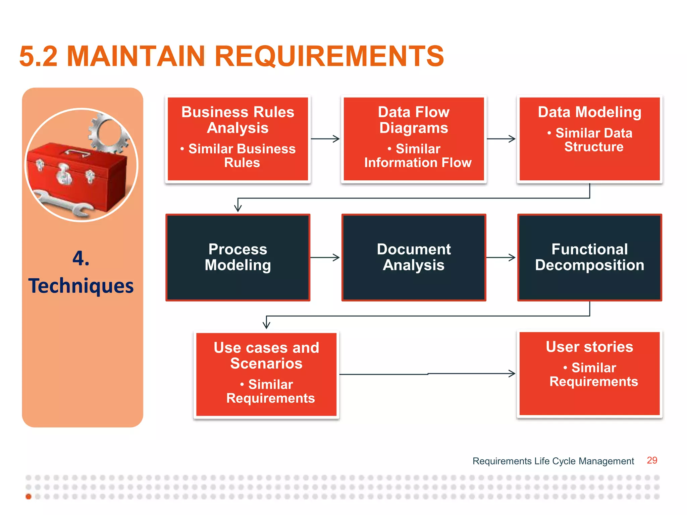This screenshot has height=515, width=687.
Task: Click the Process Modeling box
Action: pyautogui.click(x=237, y=257)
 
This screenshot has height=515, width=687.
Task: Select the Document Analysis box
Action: pyautogui.click(x=414, y=257)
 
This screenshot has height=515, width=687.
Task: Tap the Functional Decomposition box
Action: pyautogui.click(x=589, y=257)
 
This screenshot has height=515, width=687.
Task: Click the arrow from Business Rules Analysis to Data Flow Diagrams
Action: pyautogui.click(x=325, y=138)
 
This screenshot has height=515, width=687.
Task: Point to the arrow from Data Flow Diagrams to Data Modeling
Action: pyautogui.click(x=501, y=138)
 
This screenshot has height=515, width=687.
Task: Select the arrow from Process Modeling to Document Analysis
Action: pyautogui.click(x=325, y=257)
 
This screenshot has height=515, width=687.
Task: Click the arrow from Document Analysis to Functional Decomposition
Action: pyautogui.click(x=501, y=257)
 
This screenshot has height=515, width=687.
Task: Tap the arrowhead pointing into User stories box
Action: pyautogui.click(x=512, y=374)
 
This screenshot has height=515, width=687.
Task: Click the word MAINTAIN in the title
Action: pyautogui.click(x=136, y=56)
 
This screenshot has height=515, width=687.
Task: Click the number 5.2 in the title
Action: pyautogui.click(x=39, y=56)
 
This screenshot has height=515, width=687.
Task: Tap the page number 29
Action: pyautogui.click(x=652, y=460)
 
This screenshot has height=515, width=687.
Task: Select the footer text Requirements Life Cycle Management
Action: pyautogui.click(x=553, y=461)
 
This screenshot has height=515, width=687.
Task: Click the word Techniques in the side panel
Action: pyautogui.click(x=81, y=286)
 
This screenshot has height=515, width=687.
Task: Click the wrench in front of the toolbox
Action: pyautogui.click(x=64, y=203)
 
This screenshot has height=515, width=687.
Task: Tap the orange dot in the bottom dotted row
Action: pyautogui.click(x=29, y=497)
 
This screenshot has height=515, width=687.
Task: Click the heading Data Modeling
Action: pyautogui.click(x=589, y=112)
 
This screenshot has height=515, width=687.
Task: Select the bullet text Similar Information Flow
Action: pyautogui.click(x=418, y=156)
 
